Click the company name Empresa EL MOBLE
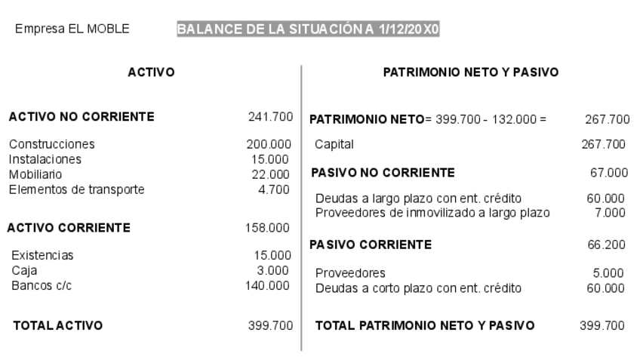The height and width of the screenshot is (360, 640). coord(72,29)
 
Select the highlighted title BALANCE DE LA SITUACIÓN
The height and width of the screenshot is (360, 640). coord(309,29)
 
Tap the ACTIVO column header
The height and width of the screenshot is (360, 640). coord(151,72)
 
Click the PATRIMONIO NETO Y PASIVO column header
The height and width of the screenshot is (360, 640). coord(470,72)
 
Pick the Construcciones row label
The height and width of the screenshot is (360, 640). coord(52,144)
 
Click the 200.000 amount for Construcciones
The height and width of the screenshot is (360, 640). coord(268,144)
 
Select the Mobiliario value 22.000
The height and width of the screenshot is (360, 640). coord(273,174)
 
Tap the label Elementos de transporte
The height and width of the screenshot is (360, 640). coord(76,189)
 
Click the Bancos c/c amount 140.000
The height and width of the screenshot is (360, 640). coord(268,285)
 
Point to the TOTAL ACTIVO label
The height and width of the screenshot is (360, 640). coord(59,326)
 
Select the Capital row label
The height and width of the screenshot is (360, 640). coord(334,144)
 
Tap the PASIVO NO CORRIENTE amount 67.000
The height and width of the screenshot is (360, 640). coord(609,173)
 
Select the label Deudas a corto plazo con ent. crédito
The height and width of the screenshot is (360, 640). coord(418,288)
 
